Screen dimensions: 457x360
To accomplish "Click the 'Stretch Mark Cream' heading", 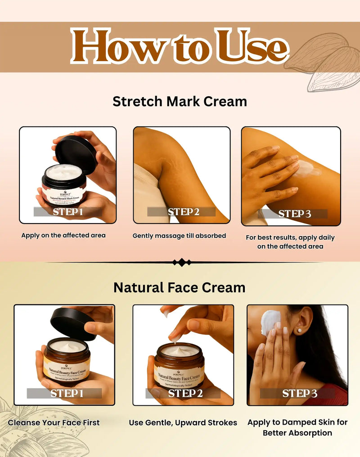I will pyautogui.click(x=180, y=101).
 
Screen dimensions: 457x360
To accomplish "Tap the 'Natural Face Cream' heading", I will pyautogui.click(x=180, y=287).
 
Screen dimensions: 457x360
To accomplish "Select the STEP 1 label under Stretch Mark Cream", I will pyautogui.click(x=67, y=211).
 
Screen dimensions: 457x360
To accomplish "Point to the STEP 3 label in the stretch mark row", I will pyautogui.click(x=294, y=214).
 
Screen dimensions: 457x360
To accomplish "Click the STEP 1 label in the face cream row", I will pyautogui.click(x=67, y=393).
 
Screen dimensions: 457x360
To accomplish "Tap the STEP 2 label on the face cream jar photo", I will pyautogui.click(x=185, y=393).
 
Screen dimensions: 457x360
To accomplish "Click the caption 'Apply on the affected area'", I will pyautogui.click(x=63, y=235).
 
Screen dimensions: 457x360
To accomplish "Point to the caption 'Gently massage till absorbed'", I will pyautogui.click(x=179, y=236).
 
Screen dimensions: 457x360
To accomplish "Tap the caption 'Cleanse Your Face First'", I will pyautogui.click(x=54, y=422).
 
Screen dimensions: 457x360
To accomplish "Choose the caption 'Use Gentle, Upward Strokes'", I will pyautogui.click(x=183, y=422).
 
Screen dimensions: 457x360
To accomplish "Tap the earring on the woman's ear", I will pyautogui.click(x=299, y=330).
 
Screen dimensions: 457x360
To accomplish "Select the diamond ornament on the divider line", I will pyautogui.click(x=182, y=262).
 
